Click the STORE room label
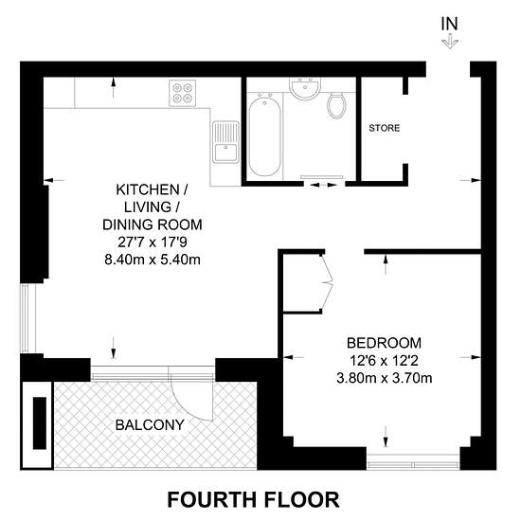pyautogui.click(x=384, y=128)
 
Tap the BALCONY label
pyautogui.click(x=150, y=424)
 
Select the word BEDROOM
pyautogui.click(x=384, y=343)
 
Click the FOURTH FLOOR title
pyautogui.click(x=253, y=499)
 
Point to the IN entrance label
pyautogui.click(x=450, y=24)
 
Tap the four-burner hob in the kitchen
pyautogui.click(x=183, y=93)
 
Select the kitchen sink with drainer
pyautogui.click(x=226, y=142)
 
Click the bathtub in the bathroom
pyautogui.click(x=264, y=135)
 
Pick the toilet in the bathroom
pyautogui.click(x=336, y=105)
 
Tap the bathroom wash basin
pyautogui.click(x=305, y=88)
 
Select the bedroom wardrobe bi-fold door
pyautogui.click(x=328, y=283)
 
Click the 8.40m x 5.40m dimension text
pyautogui.click(x=153, y=260)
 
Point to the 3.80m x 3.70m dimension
pyautogui.click(x=384, y=378)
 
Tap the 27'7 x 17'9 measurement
pyautogui.click(x=153, y=242)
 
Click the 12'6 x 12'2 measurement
pyautogui.click(x=384, y=361)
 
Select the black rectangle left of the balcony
pyautogui.click(x=40, y=423)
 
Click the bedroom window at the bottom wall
pyautogui.click(x=413, y=462)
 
